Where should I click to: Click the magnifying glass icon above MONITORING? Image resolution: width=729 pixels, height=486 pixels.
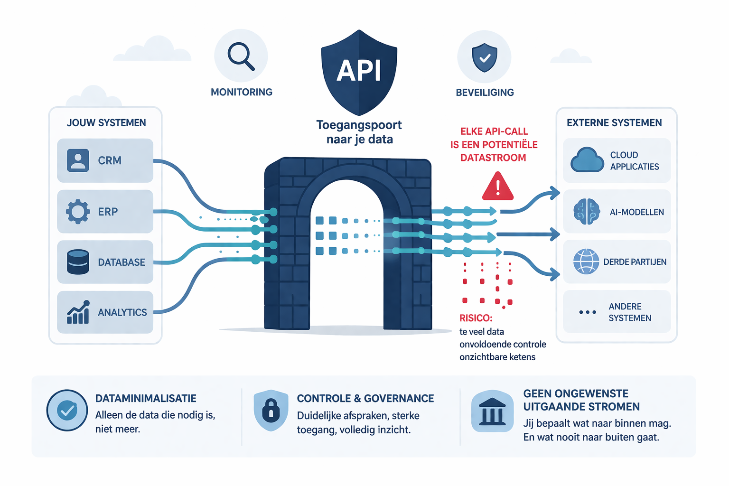click(x=241, y=56)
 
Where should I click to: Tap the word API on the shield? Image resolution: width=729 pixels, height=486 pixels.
click(x=359, y=71)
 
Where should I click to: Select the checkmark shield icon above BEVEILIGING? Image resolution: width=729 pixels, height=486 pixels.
click(x=484, y=57)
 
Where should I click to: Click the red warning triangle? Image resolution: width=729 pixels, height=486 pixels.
click(x=497, y=187)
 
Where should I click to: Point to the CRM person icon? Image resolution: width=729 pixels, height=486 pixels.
click(x=78, y=160)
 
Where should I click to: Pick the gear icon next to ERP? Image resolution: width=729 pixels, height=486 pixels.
click(x=78, y=211)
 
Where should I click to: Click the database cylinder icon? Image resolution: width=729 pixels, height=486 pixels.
click(x=78, y=262)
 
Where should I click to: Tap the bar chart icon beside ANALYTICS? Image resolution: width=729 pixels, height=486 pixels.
click(x=78, y=312)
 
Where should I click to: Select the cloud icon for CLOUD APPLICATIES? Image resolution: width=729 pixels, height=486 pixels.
click(x=587, y=160)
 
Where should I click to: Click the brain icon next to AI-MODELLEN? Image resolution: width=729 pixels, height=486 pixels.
click(x=587, y=212)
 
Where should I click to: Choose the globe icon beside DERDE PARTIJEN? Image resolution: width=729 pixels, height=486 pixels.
click(x=586, y=262)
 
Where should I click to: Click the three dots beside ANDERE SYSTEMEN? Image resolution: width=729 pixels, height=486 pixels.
click(x=588, y=312)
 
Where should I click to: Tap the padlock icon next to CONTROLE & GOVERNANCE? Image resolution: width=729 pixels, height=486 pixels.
click(x=271, y=411)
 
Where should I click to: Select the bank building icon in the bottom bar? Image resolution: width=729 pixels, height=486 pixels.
click(x=492, y=411)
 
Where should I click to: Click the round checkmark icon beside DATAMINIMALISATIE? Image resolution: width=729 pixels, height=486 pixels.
click(x=67, y=411)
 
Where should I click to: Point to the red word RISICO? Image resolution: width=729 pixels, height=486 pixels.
click(x=476, y=318)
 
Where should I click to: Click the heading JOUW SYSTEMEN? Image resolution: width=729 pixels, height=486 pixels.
click(x=106, y=123)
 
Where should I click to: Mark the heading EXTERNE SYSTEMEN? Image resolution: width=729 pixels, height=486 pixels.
click(x=614, y=123)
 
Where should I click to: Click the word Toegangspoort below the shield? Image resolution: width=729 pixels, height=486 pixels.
click(x=359, y=125)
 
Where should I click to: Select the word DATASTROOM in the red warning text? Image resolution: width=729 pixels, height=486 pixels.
click(x=493, y=158)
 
